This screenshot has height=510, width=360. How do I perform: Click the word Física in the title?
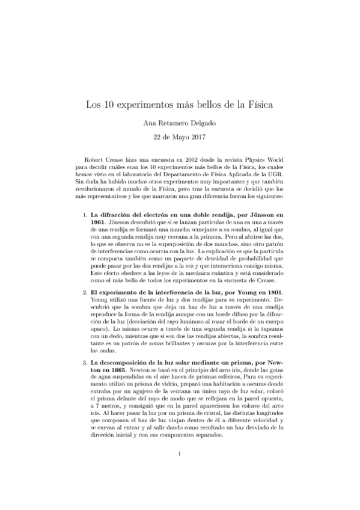click(258, 103)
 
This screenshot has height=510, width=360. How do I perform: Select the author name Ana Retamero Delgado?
click(180, 123)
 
